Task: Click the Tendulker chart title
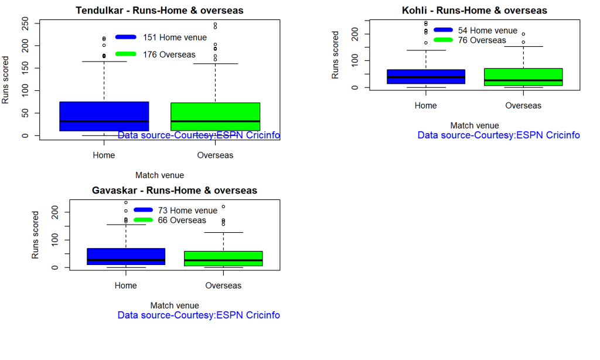159,11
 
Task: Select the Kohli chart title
474,11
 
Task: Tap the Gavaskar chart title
175,191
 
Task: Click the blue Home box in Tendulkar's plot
104,111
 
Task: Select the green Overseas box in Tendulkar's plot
215,111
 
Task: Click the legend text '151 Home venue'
175,38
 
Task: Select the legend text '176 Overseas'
169,55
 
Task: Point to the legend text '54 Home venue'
487,30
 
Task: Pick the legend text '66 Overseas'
182,220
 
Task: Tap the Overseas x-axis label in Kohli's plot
523,106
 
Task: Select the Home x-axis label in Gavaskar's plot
126,286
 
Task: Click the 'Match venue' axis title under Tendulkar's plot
159,175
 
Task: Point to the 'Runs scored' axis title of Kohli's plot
336,55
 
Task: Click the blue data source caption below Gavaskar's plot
199,315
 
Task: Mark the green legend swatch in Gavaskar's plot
143,220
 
